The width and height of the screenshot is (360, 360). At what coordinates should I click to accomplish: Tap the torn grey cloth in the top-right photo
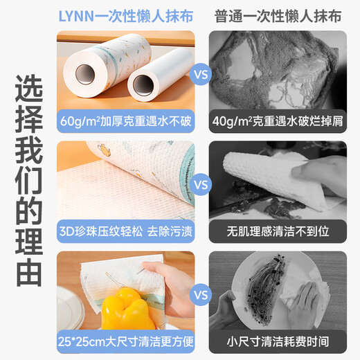[x=277, y=69]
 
